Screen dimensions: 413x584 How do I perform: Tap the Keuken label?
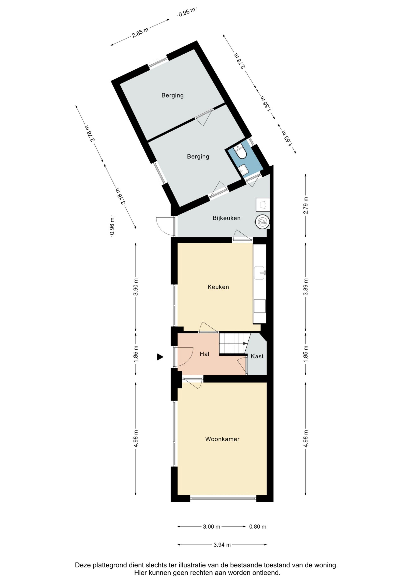[218, 287]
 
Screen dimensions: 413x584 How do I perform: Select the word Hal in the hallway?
[204, 354]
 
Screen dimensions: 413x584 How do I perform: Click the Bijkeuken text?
[227, 218]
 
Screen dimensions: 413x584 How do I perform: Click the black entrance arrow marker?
[160, 357]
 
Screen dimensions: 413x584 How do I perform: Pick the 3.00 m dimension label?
[211, 527]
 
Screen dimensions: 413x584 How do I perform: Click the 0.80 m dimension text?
[258, 527]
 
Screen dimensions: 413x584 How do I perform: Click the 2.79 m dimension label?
[306, 205]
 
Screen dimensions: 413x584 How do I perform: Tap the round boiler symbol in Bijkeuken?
[262, 222]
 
